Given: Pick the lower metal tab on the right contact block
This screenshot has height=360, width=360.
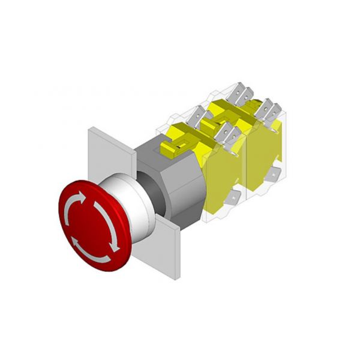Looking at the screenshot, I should (273, 176).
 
